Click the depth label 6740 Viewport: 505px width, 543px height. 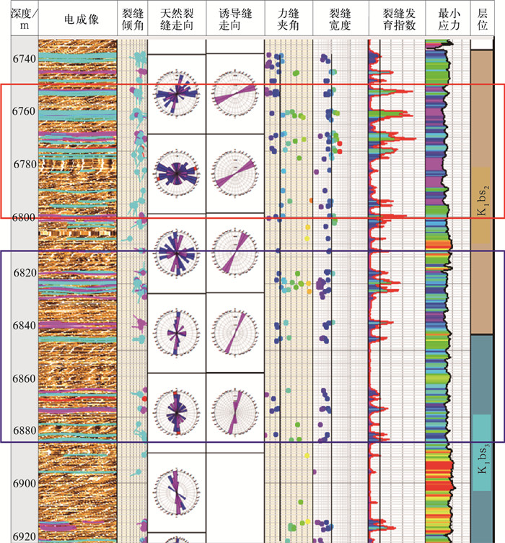(25, 59)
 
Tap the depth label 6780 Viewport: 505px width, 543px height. (25, 164)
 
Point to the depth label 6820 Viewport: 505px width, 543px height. (25, 273)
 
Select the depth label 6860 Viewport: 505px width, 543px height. (25, 378)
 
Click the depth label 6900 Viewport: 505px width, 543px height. (25, 484)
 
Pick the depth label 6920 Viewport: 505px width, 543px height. (25, 537)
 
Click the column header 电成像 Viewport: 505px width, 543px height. (82, 19)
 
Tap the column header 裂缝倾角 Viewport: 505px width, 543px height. (133, 19)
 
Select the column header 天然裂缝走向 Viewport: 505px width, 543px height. (177, 19)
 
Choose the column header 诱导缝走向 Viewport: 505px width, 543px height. (235, 19)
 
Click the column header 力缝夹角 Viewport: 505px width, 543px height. (289, 19)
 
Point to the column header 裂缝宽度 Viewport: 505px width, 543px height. (340, 19)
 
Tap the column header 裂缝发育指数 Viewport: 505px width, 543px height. (399, 19)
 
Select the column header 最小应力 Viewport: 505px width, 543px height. (449, 19)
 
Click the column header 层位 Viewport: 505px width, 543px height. (483, 19)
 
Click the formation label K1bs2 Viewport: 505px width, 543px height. (483, 201)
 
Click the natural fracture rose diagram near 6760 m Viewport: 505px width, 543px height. (177, 93)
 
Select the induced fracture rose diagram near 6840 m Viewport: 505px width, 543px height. (235, 332)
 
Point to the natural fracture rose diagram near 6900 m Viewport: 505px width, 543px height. (177, 492)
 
